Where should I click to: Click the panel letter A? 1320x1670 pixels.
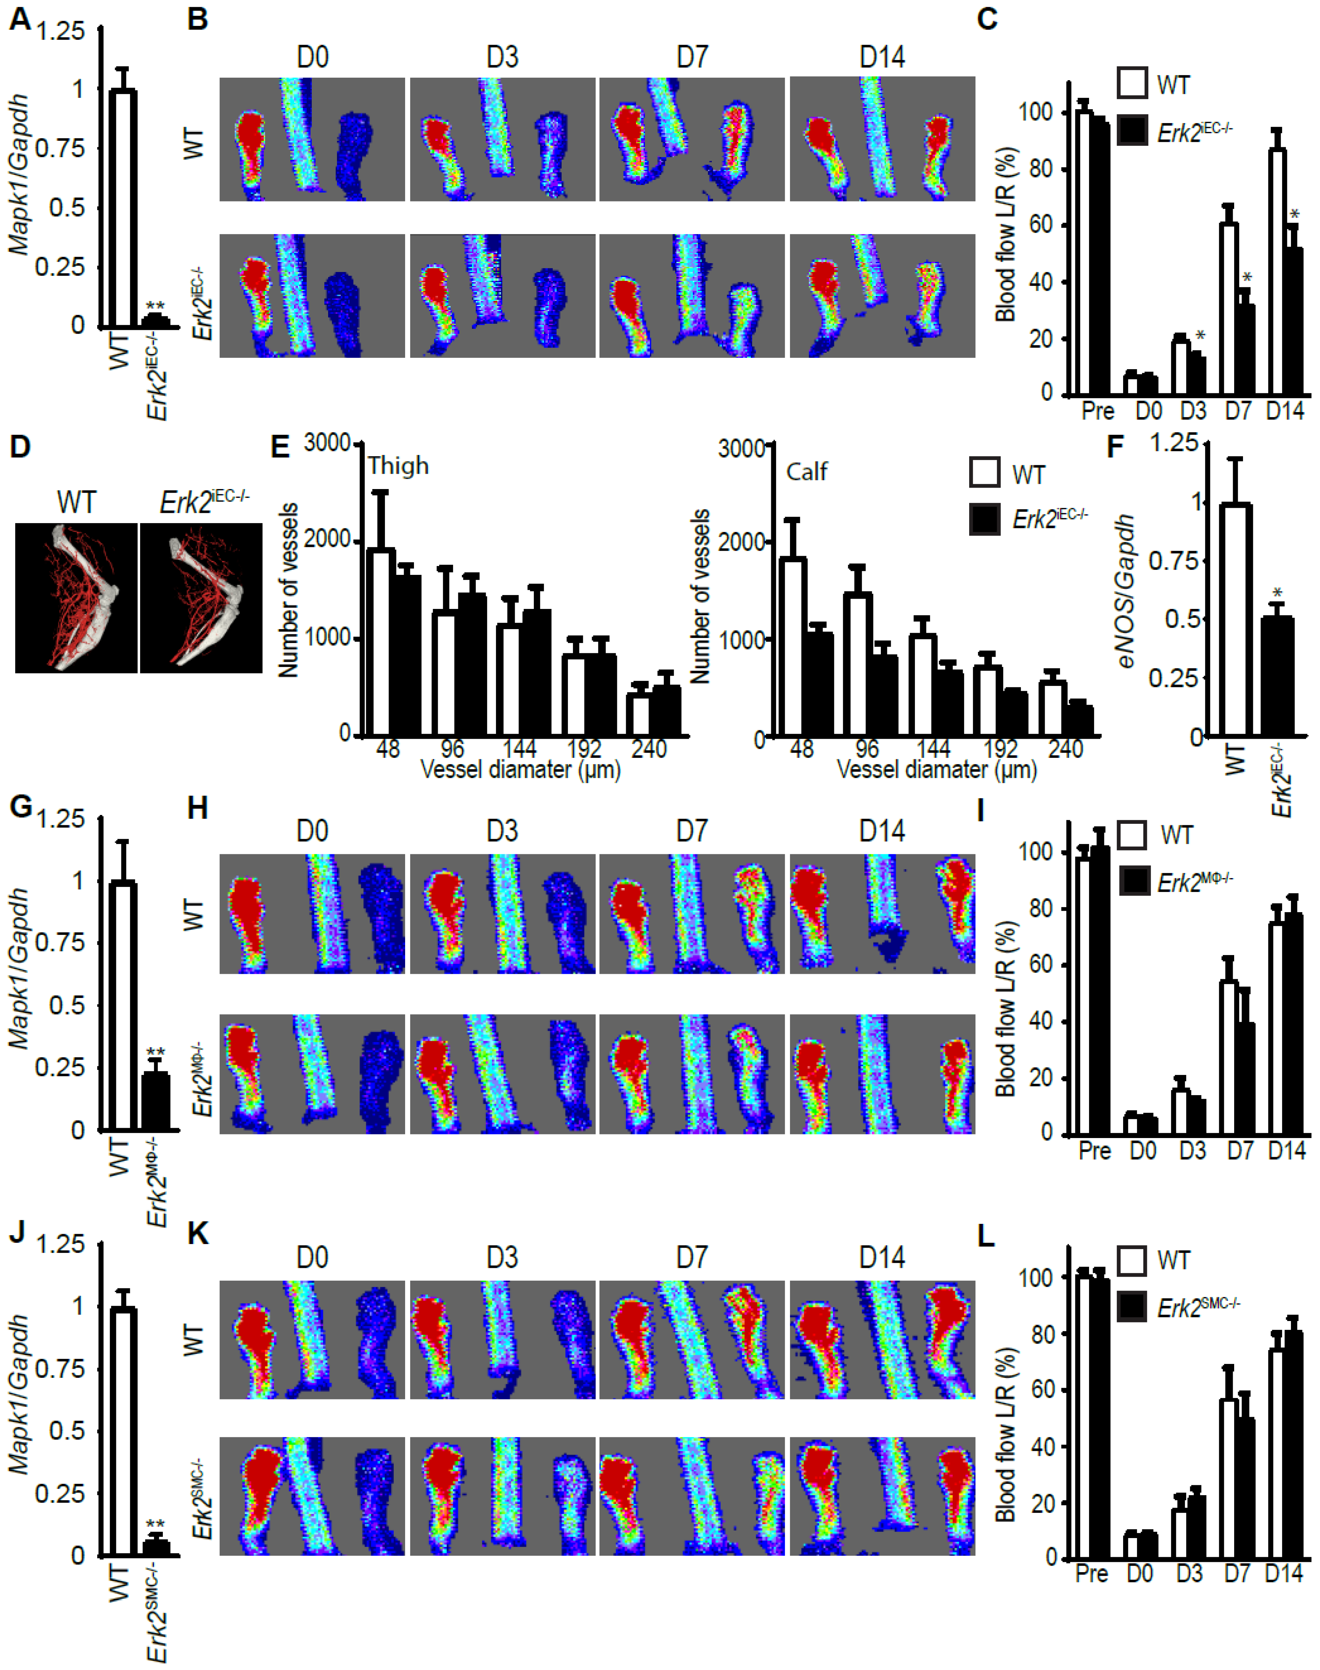pos(20,18)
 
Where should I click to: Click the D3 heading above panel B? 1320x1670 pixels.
pos(502,57)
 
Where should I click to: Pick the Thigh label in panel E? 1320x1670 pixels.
pos(398,466)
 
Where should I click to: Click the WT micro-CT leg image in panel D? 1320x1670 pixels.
pos(77,597)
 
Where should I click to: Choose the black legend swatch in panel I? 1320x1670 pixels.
pos(1134,881)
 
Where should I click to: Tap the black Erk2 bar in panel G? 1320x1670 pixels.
pos(155,1101)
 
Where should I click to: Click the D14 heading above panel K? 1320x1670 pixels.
pos(882,1257)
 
